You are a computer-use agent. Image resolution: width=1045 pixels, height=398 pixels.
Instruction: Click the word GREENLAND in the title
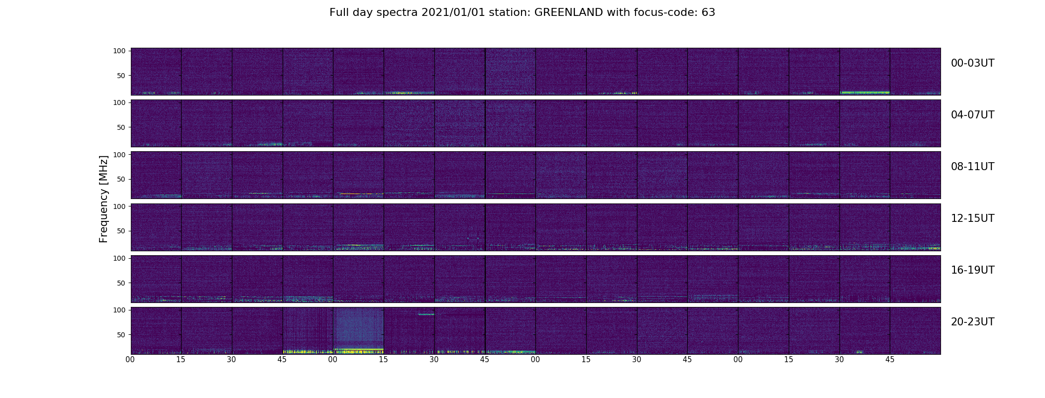(568, 12)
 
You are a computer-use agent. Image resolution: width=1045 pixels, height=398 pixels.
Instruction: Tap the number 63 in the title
(708, 12)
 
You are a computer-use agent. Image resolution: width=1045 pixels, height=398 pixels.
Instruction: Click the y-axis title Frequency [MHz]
(104, 199)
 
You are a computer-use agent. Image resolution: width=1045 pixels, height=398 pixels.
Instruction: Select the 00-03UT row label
(972, 63)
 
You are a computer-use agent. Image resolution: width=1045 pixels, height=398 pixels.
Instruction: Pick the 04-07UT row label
(972, 115)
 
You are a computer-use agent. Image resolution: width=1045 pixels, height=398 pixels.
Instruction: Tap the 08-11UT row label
(972, 167)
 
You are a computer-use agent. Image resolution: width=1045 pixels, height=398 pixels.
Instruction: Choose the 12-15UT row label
(972, 218)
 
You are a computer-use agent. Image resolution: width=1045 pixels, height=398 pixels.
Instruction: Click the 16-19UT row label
(972, 270)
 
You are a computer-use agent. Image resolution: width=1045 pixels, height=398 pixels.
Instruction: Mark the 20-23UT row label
(972, 322)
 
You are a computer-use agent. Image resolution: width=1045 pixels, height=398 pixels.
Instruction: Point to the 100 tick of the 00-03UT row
(119, 51)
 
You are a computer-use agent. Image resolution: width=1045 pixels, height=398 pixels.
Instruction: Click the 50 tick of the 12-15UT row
(121, 231)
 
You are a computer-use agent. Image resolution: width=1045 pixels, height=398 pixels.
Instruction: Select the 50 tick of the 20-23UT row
(121, 335)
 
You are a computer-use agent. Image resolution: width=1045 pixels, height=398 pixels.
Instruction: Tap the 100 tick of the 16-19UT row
(119, 258)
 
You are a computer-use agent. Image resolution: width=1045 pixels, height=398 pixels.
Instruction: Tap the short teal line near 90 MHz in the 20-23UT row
(426, 314)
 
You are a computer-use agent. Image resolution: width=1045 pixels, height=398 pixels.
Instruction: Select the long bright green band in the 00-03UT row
(865, 93)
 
